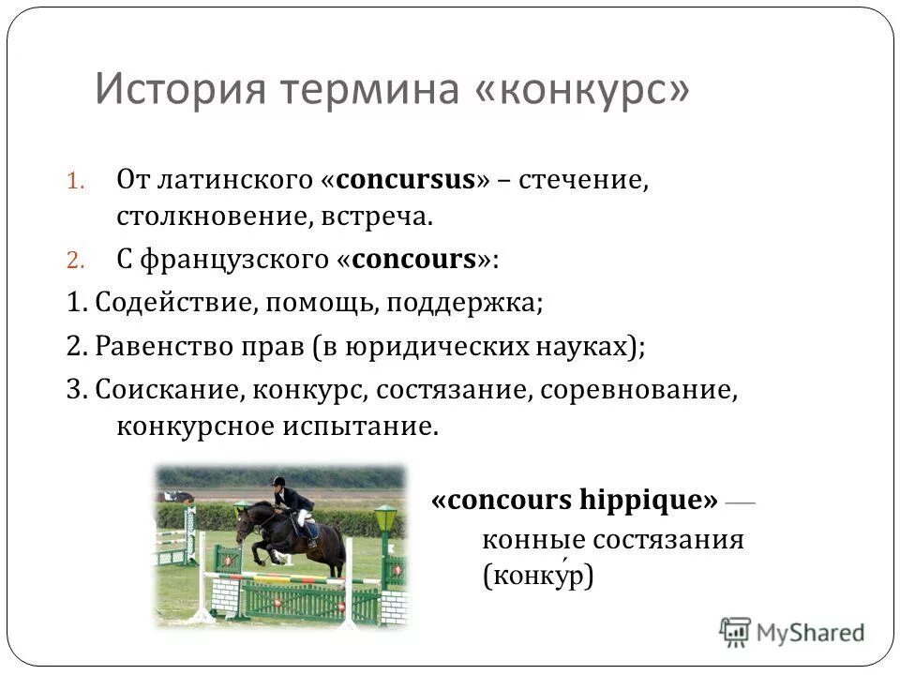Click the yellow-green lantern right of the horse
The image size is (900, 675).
pyautogui.click(x=384, y=517)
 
